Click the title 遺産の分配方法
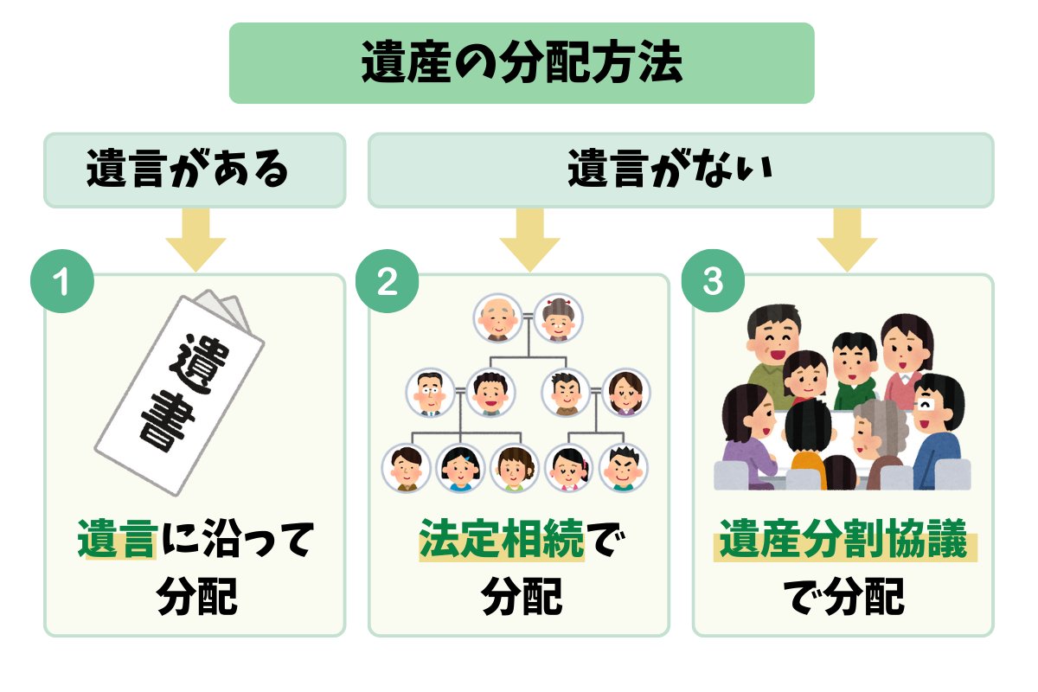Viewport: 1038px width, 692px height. coord(522,63)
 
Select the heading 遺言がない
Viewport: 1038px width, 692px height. coord(681,170)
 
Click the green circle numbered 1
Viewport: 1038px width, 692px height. coord(61,283)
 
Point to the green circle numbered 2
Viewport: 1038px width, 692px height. coord(387,283)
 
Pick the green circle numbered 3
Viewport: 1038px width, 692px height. coord(712,283)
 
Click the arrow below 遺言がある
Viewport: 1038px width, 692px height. coord(195,242)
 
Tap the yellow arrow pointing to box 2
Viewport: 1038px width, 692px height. coord(520,242)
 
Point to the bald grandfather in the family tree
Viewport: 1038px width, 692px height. coord(496,318)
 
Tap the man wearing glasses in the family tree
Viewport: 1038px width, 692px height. coord(429,393)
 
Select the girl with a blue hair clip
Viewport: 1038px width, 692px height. coord(458,468)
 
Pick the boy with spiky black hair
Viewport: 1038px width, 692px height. coord(624,468)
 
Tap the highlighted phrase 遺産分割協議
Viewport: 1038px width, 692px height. coord(843,544)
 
